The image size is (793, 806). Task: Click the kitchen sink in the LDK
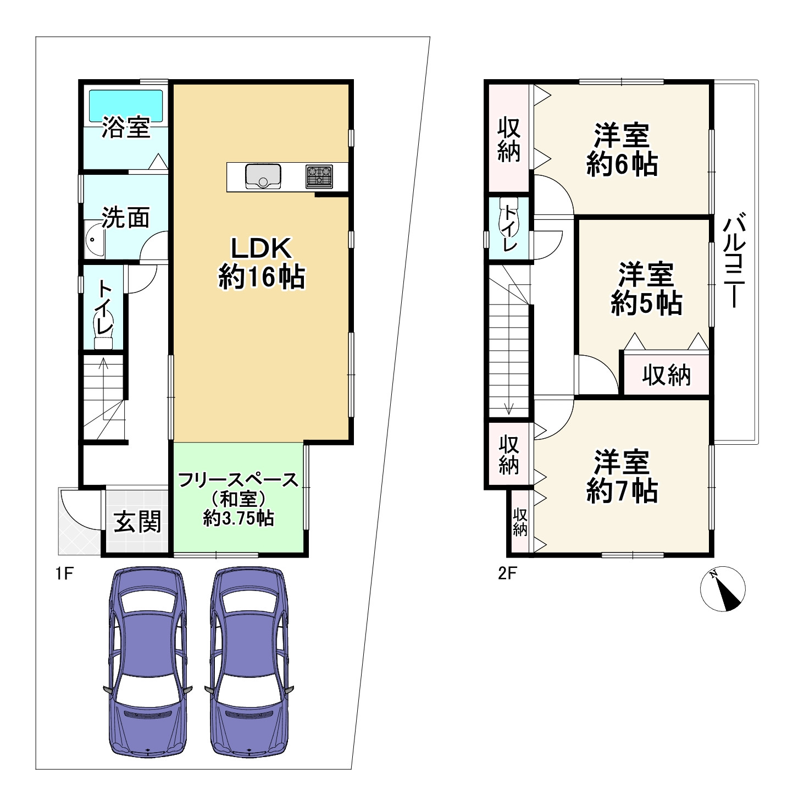point(263,176)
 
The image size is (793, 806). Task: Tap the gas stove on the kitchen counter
point(319,176)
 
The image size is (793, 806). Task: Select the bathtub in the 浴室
point(125,106)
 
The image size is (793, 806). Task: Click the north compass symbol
point(723,589)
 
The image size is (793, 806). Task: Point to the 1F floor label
point(64,573)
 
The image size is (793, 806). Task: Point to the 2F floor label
point(507,573)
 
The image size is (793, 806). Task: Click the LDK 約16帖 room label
point(262,263)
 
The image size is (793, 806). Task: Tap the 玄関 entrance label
point(137,522)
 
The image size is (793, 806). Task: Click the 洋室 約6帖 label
point(622,150)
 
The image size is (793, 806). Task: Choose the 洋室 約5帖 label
point(646,288)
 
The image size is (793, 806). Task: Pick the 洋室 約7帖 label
point(622,476)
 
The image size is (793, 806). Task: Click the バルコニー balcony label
point(734,260)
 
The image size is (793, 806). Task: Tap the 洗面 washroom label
point(125,217)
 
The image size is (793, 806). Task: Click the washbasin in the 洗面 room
point(95,240)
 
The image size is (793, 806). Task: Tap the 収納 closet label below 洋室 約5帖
point(666,375)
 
